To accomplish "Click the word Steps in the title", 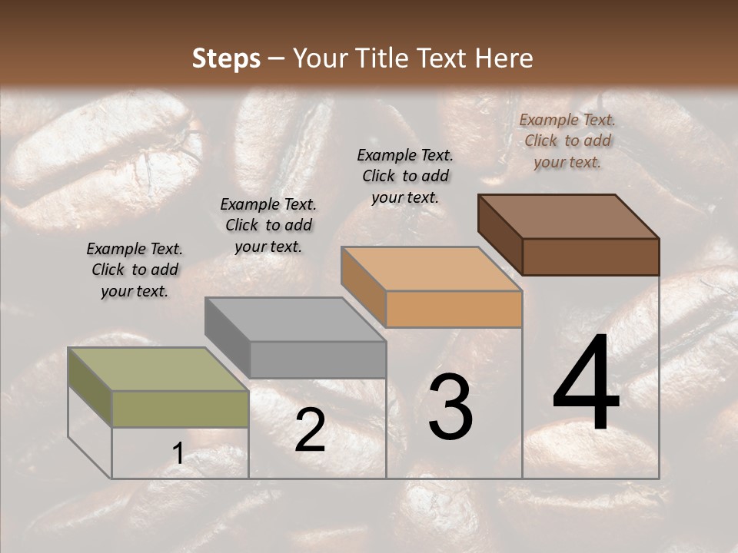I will pyautogui.click(x=226, y=58).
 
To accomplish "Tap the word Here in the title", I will pyautogui.click(x=503, y=58).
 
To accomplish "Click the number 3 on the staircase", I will pyautogui.click(x=450, y=408).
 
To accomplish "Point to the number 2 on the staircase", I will pyautogui.click(x=310, y=430).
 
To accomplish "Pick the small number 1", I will pyautogui.click(x=178, y=455).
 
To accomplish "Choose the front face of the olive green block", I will pyautogui.click(x=181, y=409).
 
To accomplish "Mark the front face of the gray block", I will pyautogui.click(x=317, y=359).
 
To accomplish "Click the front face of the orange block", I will pyautogui.click(x=454, y=309).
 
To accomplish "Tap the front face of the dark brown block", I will pyautogui.click(x=591, y=257).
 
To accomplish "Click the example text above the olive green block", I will pyautogui.click(x=135, y=270).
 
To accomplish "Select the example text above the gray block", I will pyautogui.click(x=268, y=226).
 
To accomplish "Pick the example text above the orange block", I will pyautogui.click(x=405, y=176).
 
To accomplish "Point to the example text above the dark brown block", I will pyautogui.click(x=567, y=141).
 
